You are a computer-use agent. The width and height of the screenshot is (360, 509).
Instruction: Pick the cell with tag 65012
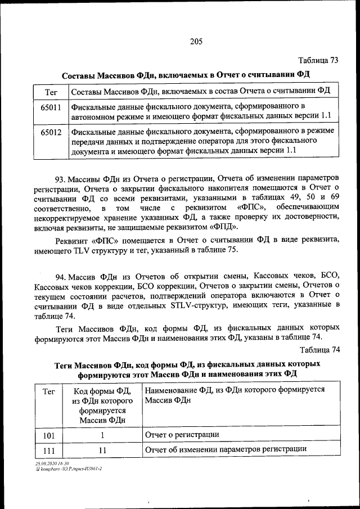coord(51,135)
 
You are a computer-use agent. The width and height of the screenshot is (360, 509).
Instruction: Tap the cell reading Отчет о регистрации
coord(182,435)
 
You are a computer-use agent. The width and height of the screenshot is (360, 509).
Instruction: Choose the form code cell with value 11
coord(102,450)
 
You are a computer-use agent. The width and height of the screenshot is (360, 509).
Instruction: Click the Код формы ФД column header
coord(102,404)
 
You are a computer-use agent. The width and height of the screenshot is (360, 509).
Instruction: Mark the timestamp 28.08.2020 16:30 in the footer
coord(51,463)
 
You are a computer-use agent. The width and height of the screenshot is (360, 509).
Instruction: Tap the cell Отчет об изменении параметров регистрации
coord(226,449)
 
